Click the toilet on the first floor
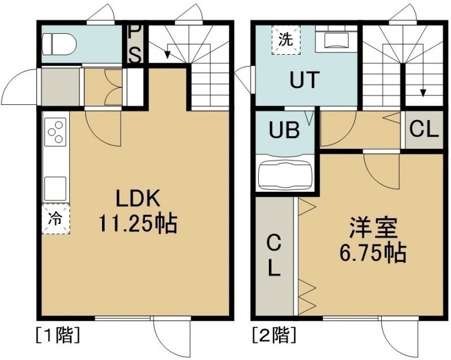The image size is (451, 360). (59, 44)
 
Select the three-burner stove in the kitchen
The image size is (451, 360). (56, 132)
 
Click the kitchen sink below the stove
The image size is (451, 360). (55, 187)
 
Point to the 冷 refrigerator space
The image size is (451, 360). (56, 219)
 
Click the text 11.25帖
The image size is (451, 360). (138, 224)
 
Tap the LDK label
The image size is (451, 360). (138, 199)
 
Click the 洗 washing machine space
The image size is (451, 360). (286, 39)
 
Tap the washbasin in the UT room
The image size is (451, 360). (336, 39)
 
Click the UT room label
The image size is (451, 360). (304, 80)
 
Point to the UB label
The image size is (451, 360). (284, 130)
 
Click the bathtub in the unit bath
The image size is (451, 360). (285, 174)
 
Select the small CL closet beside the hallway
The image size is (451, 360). (424, 130)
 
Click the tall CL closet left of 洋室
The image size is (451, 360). (275, 256)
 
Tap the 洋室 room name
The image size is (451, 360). (373, 229)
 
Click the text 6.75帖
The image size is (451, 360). (373, 253)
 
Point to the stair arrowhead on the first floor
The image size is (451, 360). (167, 55)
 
